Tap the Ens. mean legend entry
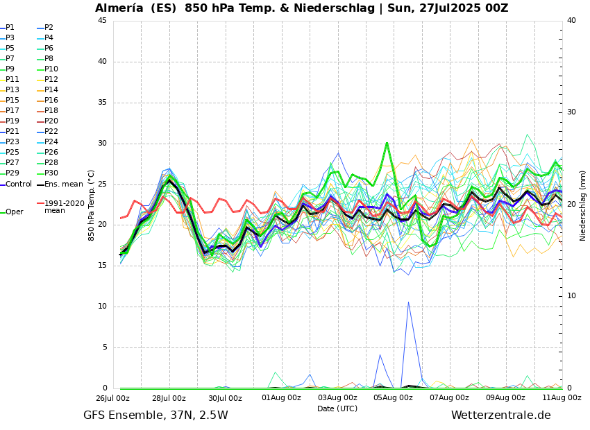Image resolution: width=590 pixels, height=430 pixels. pos(63,184)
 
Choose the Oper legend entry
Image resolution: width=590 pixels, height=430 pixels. pos(14,212)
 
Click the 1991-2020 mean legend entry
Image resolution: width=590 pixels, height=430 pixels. pos(64,207)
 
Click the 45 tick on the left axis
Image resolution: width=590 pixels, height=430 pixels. pos(102,21)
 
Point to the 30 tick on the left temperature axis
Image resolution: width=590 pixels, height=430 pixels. pos(102,144)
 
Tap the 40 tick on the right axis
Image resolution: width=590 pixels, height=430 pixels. pos(571,21)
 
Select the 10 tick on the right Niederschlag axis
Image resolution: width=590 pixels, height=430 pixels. pos(571,296)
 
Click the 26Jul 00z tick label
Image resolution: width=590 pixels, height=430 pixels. pos(112,398)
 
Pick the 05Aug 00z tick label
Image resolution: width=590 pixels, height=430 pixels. pos(393,398)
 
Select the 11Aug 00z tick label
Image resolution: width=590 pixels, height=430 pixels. pos(562,398)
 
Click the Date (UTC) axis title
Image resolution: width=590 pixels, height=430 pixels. pos(337,409)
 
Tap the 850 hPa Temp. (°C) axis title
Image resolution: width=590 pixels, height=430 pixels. pos(91,205)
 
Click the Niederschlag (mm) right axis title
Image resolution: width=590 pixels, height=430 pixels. pos(583,205)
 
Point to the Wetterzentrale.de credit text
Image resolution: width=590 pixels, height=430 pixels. pos(500,415)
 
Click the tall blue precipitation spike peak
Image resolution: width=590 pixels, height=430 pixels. pos(408,302)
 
